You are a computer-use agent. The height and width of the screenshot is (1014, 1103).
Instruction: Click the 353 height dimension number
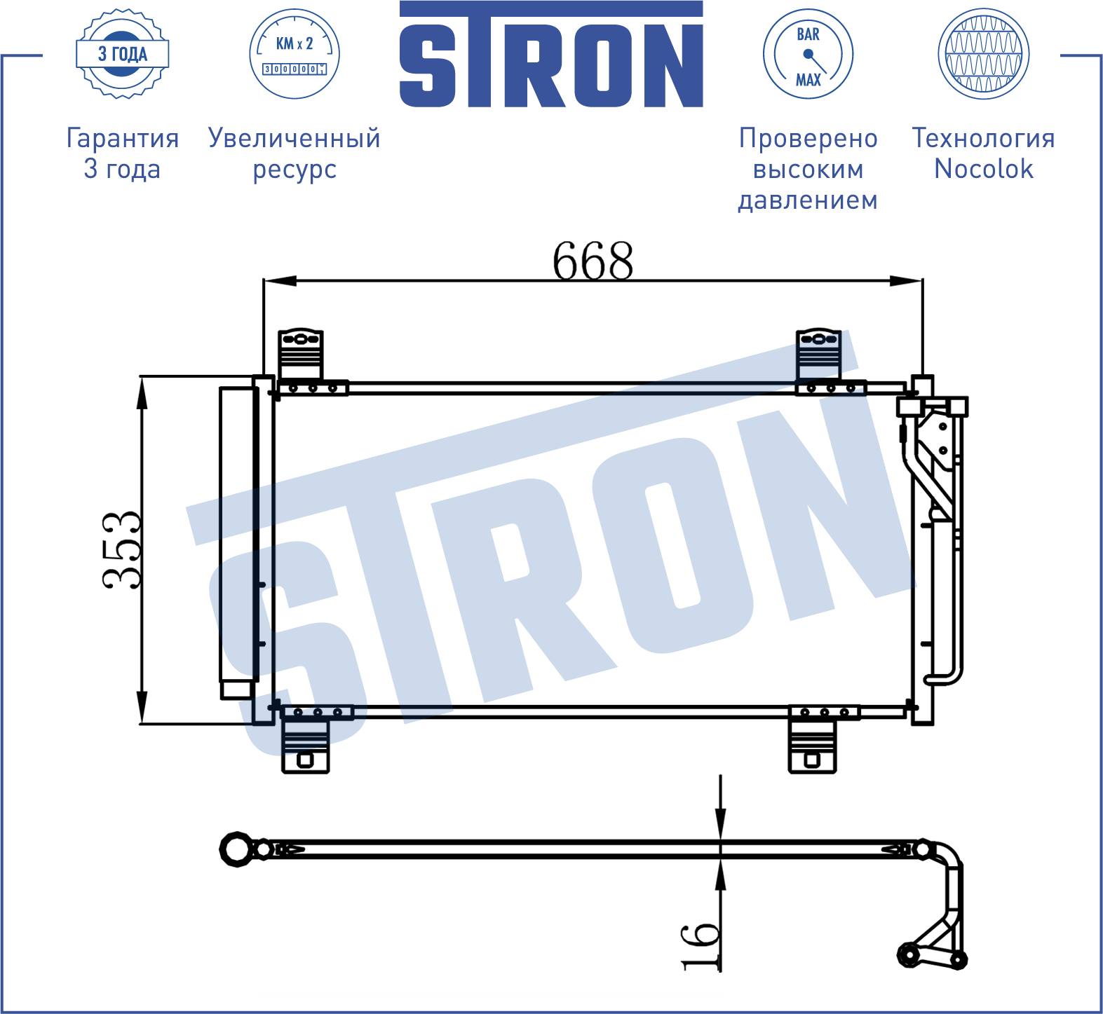(121, 550)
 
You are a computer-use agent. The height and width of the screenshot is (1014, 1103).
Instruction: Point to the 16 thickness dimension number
(701, 946)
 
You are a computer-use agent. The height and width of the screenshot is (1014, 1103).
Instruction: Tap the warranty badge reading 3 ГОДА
(123, 54)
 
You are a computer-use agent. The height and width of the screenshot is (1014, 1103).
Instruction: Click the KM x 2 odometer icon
(295, 54)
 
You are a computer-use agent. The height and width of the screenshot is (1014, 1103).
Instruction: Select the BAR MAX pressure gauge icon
(808, 54)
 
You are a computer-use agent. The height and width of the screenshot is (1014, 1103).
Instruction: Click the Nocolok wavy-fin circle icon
(983, 54)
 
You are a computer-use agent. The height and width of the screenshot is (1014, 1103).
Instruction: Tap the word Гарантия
(123, 138)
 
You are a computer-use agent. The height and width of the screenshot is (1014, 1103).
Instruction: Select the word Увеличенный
(295, 139)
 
